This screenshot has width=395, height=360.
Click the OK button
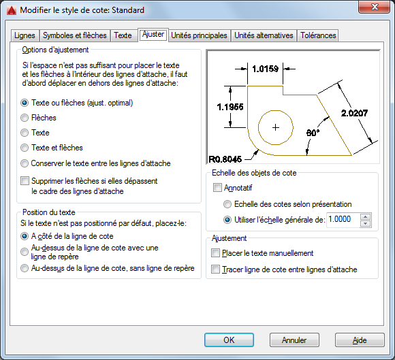[x=229, y=340]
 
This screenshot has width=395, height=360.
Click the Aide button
[x=360, y=340]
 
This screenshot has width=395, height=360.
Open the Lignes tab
[x=25, y=35]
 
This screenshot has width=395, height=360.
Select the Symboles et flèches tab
[x=74, y=35]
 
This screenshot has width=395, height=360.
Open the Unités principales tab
[x=199, y=35]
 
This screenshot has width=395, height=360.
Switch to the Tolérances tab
[x=318, y=35]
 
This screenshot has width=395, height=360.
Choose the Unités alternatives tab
[x=264, y=35]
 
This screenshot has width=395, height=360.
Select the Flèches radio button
[x=25, y=118]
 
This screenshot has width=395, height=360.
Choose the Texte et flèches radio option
[x=25, y=148]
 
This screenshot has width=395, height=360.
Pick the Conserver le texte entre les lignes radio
[x=25, y=163]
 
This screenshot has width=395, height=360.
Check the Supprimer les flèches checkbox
[x=25, y=181]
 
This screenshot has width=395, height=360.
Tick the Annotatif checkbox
[x=217, y=188]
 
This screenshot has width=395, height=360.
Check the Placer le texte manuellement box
[x=215, y=253]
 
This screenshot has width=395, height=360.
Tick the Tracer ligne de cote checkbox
[x=215, y=269]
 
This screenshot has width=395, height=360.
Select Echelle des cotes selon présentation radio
[x=227, y=204]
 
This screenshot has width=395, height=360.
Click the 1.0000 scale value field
[x=343, y=220]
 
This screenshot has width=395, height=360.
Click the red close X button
[x=375, y=7]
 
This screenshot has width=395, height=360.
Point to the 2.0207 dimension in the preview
[x=354, y=113]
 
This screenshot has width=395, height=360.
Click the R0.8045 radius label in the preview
[x=225, y=159]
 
